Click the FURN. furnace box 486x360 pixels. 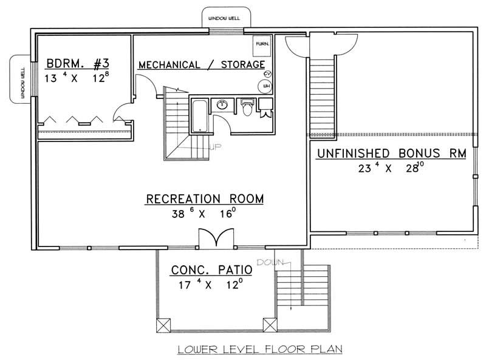262,44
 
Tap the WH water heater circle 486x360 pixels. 266,87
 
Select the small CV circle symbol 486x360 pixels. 267,74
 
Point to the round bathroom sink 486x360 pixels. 223,104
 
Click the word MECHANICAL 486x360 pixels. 169,64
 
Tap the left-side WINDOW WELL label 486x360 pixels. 17,78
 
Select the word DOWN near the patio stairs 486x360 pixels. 268,262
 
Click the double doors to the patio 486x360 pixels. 215,237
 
